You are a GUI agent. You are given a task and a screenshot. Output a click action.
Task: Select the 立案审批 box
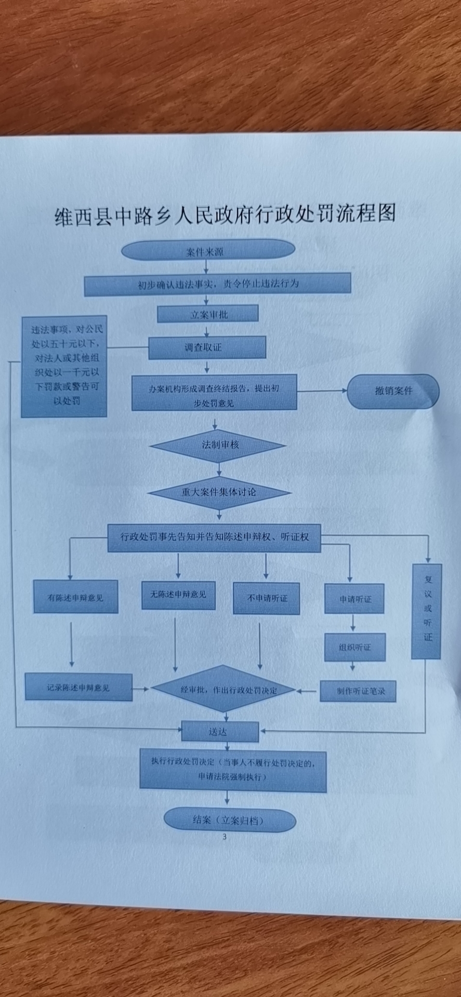208,314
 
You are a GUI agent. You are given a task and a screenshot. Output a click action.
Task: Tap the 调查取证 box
207,347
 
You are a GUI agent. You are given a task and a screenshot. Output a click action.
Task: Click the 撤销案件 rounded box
393,391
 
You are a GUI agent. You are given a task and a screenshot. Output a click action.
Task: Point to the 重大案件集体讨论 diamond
219,492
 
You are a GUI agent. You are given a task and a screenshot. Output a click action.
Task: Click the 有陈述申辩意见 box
76,597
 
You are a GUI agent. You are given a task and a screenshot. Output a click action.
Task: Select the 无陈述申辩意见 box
178,595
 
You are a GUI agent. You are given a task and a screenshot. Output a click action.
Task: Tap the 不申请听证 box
266,598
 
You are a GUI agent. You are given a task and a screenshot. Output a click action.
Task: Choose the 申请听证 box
355,599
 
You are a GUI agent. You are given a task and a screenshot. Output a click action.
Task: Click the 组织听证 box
355,647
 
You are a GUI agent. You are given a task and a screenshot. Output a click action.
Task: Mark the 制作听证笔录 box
358,691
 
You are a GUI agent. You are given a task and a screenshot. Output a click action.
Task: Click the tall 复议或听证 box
427,611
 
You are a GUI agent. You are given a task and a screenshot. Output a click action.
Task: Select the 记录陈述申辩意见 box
78,688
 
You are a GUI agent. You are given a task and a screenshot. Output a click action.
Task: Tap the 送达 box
219,732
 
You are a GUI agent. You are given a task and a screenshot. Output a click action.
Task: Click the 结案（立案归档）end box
229,820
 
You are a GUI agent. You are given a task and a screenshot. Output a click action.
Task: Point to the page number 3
225,837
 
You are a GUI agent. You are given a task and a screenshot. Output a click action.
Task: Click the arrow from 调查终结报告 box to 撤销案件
322,391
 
